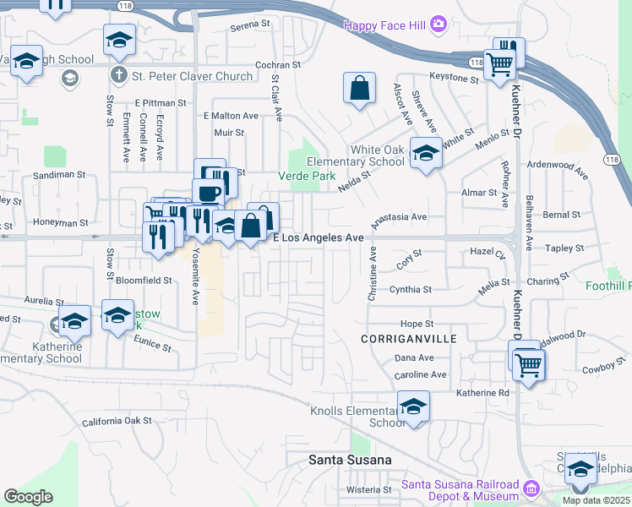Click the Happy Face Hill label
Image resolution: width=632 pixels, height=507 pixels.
[x=385, y=25]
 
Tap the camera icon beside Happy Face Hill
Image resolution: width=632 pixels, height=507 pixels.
[x=439, y=25]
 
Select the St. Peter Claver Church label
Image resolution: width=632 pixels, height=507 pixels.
[x=192, y=76]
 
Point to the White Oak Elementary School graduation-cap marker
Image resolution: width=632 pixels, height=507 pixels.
[x=426, y=154]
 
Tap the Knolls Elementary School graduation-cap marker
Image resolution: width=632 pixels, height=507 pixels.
[x=414, y=406]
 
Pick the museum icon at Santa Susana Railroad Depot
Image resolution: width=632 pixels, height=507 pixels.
[x=531, y=488]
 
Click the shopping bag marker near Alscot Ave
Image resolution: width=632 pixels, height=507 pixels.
[x=359, y=88]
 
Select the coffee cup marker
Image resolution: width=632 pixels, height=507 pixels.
[x=208, y=193]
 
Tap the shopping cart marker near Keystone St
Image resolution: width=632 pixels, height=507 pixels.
[x=500, y=63]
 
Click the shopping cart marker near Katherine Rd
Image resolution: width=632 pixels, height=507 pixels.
[x=528, y=365]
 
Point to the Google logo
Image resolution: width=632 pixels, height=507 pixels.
[x=29, y=497]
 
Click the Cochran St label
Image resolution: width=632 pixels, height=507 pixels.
[x=278, y=64]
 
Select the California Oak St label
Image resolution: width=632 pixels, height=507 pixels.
[x=117, y=421]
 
